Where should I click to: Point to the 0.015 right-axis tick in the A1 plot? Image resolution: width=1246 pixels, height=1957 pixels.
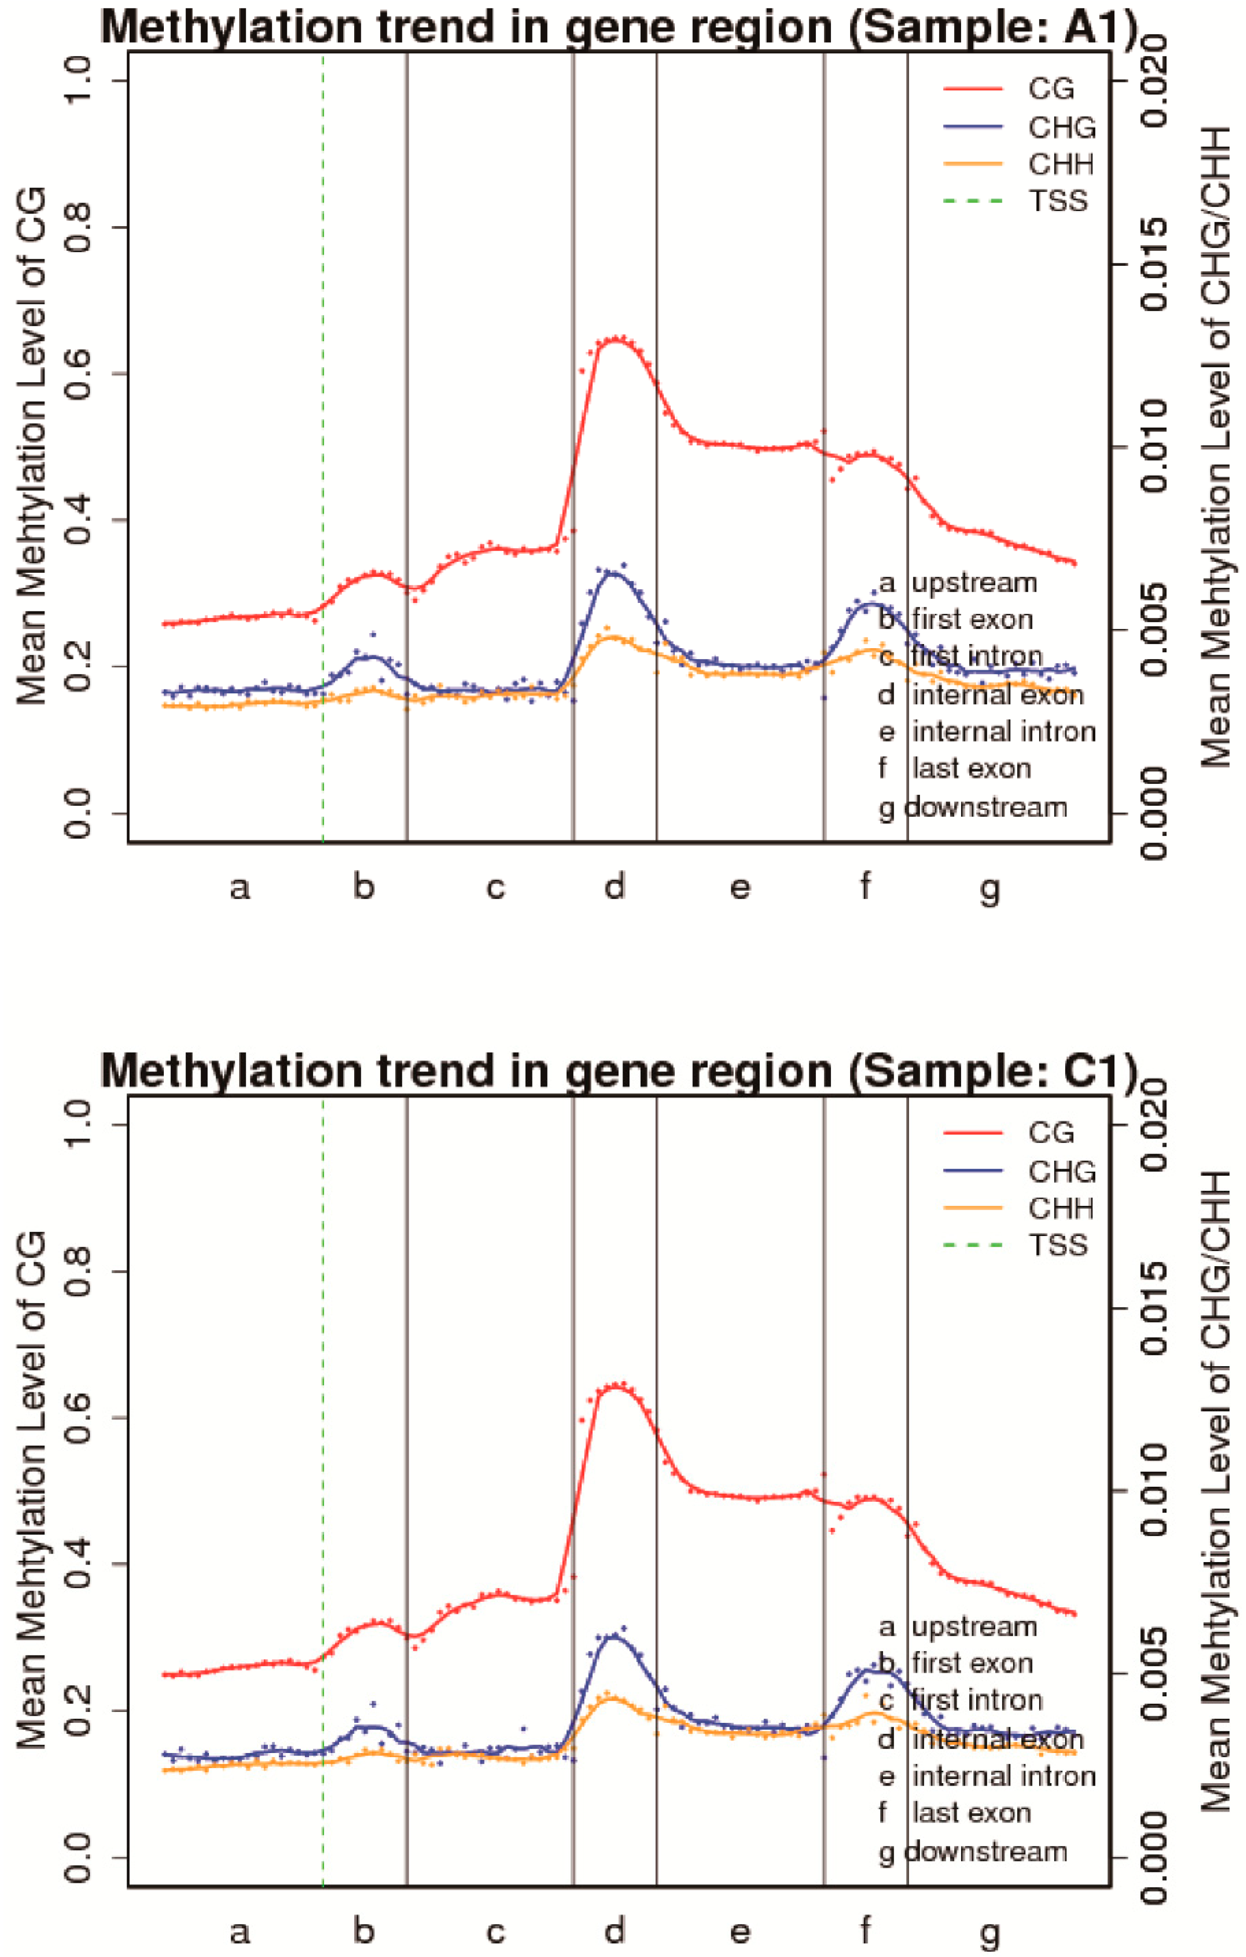click(1154, 265)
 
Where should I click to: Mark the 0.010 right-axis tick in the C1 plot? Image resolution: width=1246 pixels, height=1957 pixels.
click(1154, 1491)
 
